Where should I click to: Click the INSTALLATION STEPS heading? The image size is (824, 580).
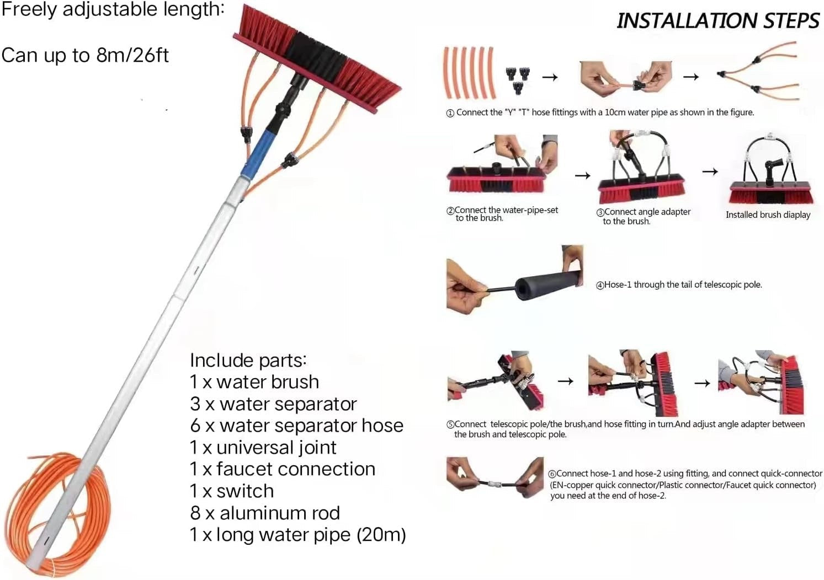pos(717,21)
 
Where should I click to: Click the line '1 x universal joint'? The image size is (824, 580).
pos(263,447)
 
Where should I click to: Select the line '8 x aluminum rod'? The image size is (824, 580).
pos(265,513)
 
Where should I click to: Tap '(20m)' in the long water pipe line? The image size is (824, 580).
pos(381,535)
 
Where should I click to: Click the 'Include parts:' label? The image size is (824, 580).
pos(248,360)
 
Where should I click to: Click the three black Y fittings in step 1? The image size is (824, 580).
pos(517,79)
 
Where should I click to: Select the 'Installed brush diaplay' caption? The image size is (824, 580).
pos(768,215)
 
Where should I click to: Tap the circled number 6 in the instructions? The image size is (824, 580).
pos(552,474)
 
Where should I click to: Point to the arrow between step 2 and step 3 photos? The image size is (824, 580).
pos(582,175)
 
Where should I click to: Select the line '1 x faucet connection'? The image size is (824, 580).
pos(283,469)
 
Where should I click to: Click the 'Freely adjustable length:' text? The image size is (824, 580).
pos(113,9)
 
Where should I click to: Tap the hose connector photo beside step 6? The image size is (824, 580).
pos(495,477)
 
